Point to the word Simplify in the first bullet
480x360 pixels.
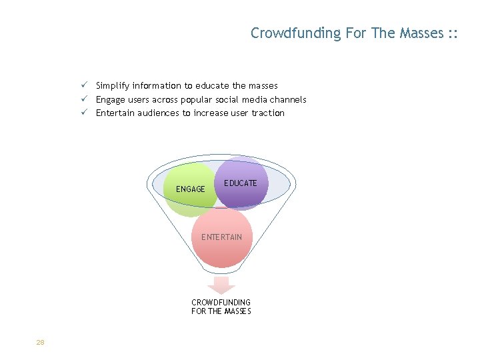tap(113, 86)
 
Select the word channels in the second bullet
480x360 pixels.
tap(287, 99)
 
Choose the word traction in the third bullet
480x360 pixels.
tap(267, 113)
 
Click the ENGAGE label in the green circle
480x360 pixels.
tap(191, 189)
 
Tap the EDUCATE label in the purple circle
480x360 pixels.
tap(241, 183)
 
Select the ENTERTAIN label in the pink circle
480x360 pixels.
tap(222, 237)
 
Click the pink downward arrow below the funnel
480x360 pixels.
tap(221, 285)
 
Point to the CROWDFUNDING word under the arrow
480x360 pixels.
tap(221, 302)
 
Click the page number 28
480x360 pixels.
tap(40, 343)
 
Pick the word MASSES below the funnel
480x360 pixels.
tap(238, 311)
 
